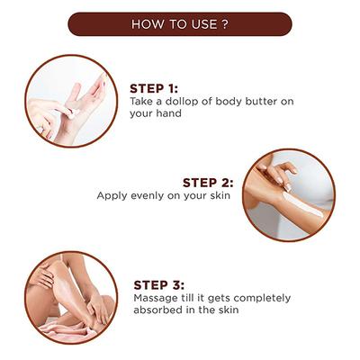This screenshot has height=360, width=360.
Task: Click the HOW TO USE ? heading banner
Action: tap(180, 24)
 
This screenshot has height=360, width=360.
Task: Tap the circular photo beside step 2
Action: tap(288, 194)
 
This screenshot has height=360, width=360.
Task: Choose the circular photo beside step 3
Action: tap(70, 296)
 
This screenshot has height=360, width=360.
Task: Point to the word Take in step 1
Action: tap(143, 102)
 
